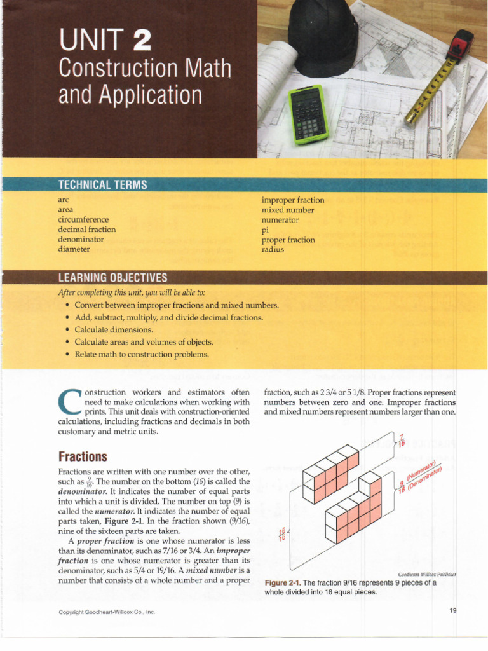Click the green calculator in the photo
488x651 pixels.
308,114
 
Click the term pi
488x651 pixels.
265,230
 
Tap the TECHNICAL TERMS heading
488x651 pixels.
102,184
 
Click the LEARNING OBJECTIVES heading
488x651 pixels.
112,277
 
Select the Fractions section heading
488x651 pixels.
83,456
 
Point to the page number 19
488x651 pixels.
452,611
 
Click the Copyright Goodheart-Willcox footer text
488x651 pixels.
107,612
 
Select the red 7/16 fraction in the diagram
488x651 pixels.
401,440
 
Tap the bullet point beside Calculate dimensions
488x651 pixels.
67,330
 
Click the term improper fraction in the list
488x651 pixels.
293,200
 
